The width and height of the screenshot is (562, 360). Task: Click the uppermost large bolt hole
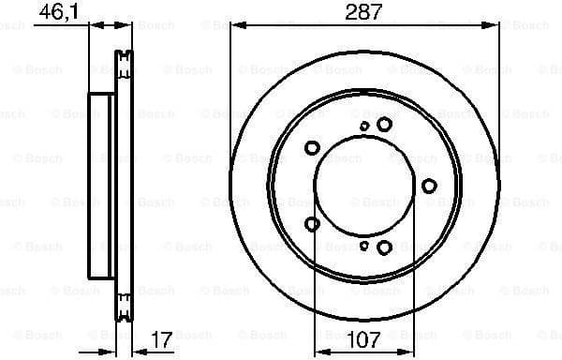(384, 124)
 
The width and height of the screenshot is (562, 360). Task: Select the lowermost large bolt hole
(384, 247)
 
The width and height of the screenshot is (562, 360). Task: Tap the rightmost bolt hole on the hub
(429, 186)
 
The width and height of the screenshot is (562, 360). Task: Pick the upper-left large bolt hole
(312, 147)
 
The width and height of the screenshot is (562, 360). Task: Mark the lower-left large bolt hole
(312, 223)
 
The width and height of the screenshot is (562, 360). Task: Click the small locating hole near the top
(364, 126)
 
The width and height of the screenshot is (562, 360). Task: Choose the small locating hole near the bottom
(364, 246)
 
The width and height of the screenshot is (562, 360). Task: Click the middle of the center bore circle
(361, 186)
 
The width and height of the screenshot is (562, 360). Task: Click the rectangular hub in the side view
(101, 186)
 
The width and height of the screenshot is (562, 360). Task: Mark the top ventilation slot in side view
(122, 64)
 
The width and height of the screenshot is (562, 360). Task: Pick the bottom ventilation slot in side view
(122, 306)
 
